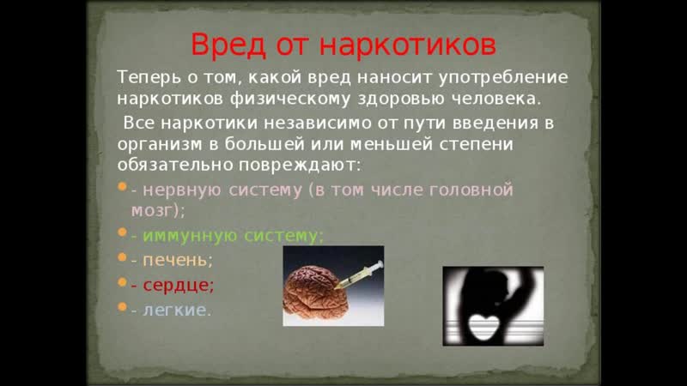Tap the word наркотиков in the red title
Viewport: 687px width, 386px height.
[408, 45]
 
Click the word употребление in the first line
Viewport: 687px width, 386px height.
[503, 78]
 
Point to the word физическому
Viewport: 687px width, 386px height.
[290, 99]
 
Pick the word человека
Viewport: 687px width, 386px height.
[496, 99]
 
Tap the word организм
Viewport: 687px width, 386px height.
[160, 145]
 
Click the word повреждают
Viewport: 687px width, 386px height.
[300, 166]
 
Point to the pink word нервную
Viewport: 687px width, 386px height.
[181, 190]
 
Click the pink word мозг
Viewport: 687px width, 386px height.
[153, 211]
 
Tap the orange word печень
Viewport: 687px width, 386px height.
[175, 261]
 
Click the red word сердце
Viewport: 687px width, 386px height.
[176, 286]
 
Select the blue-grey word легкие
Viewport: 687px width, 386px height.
[174, 310]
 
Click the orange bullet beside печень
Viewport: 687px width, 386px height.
[122, 257]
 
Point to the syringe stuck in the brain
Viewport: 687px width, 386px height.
[358, 274]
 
